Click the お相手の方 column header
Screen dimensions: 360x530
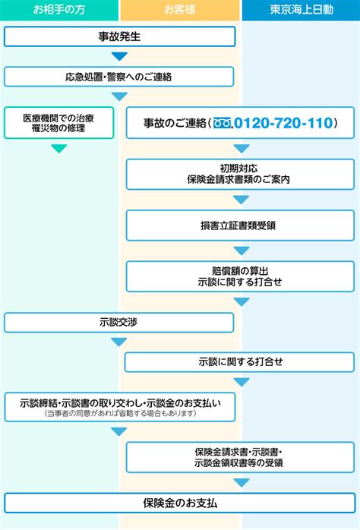pos(59,9)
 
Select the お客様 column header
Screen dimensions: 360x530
pos(179,9)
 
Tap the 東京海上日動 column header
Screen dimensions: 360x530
pos(301,9)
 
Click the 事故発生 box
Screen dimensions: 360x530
pos(119,36)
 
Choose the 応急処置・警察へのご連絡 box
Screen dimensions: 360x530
pos(118,77)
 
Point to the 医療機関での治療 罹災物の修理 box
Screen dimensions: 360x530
pos(58,123)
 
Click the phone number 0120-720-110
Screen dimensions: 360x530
pos(283,123)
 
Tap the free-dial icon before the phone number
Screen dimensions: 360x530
pos(222,123)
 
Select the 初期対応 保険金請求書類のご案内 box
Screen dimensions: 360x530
pos(240,174)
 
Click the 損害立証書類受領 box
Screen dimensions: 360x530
pos(240,226)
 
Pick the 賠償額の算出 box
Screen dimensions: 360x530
pos(240,276)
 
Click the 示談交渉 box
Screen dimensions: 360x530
pos(118,323)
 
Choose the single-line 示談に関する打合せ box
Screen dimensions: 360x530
pos(239,362)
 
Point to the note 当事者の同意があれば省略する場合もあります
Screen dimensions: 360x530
pos(120,413)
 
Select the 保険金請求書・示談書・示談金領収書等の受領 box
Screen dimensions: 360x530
pos(240,457)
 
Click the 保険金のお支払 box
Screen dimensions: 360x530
pos(180,503)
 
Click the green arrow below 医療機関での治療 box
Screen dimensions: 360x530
pos(59,148)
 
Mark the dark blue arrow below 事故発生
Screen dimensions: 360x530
pos(119,56)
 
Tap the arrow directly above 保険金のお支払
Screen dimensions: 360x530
pos(242,482)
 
